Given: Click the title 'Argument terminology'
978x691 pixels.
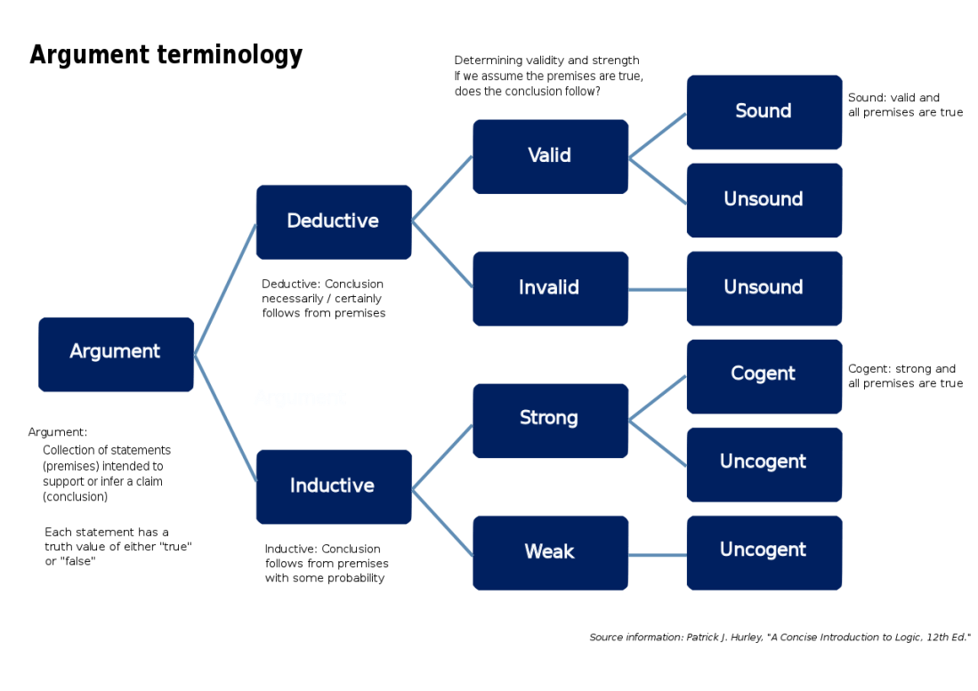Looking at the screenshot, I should point(166,55).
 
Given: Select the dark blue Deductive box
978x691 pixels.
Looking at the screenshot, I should point(333,221).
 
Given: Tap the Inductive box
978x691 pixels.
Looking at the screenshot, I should point(333,486).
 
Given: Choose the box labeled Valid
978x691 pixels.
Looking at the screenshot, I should point(550,156).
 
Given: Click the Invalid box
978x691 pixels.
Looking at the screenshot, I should point(550,288).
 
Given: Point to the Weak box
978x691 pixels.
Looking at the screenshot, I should point(550,552).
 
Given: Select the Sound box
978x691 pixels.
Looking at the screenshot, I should point(764,111).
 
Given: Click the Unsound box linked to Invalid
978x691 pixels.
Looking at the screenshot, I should point(764,288).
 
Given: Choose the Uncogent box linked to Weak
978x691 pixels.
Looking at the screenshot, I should point(764,551).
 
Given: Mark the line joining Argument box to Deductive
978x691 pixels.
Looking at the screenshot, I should point(225,289).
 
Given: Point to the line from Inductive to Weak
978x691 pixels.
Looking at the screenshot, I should point(442,520).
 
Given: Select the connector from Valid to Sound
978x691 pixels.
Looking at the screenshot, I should point(658,135).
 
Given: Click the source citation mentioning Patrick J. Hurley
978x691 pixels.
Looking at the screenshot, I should point(779,638).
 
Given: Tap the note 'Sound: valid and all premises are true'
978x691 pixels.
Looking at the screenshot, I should point(904,105).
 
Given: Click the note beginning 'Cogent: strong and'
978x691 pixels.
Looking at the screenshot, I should point(904,375).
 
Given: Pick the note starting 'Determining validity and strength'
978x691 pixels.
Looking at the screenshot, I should point(548,76).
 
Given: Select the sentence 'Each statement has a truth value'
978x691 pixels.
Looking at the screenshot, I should point(118,546).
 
